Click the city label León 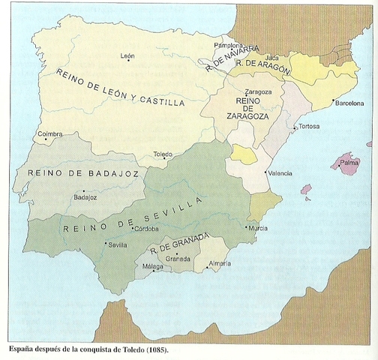tap(127, 55)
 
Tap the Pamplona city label tap(226, 45)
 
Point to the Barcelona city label tap(348, 103)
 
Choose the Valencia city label tap(280, 173)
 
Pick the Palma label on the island tap(349, 161)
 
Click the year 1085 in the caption tap(157, 351)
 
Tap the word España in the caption tap(25, 351)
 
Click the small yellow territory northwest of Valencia tap(244, 154)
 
